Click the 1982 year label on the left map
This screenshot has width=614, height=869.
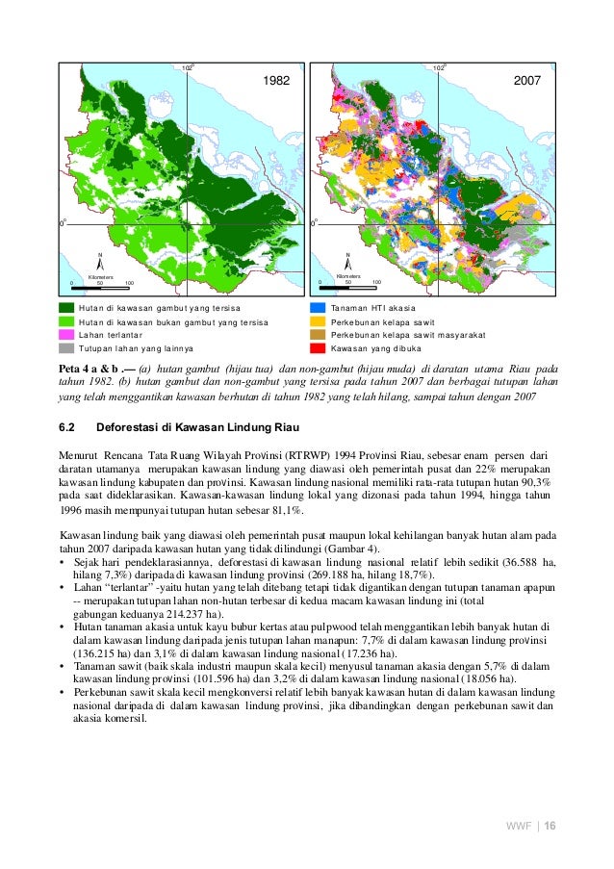[x=276, y=83]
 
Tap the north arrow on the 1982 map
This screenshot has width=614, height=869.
[x=100, y=263]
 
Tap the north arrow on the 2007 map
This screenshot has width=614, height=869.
[x=348, y=263]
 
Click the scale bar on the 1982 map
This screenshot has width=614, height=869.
[x=100, y=286]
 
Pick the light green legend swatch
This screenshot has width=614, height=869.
[x=65, y=321]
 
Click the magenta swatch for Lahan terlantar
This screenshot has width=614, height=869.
[x=65, y=334]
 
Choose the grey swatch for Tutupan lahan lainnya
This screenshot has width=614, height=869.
[x=65, y=346]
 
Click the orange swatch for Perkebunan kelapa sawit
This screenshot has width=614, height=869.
[x=317, y=321]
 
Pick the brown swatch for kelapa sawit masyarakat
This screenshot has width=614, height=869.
[x=317, y=334]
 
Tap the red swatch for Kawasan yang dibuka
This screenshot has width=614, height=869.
[x=317, y=346]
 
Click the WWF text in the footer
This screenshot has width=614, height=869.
[x=520, y=827]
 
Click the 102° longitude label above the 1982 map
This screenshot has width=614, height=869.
[x=189, y=68]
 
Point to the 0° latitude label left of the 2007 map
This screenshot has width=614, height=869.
[x=314, y=222]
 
